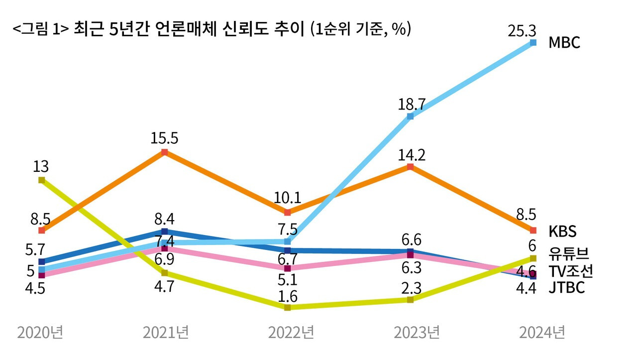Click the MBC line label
point(564,42)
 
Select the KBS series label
point(562,232)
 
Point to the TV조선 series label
point(570,271)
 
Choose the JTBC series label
point(566,288)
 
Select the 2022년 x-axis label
point(291,332)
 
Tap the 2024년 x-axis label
point(542,332)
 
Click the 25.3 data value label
point(522,31)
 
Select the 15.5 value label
point(165,138)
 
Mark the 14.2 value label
point(412,155)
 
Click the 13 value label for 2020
point(41,167)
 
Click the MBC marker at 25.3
point(533,43)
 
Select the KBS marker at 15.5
point(165,152)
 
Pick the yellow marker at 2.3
point(410,299)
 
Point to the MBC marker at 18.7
point(410,117)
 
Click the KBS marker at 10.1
point(287,213)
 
